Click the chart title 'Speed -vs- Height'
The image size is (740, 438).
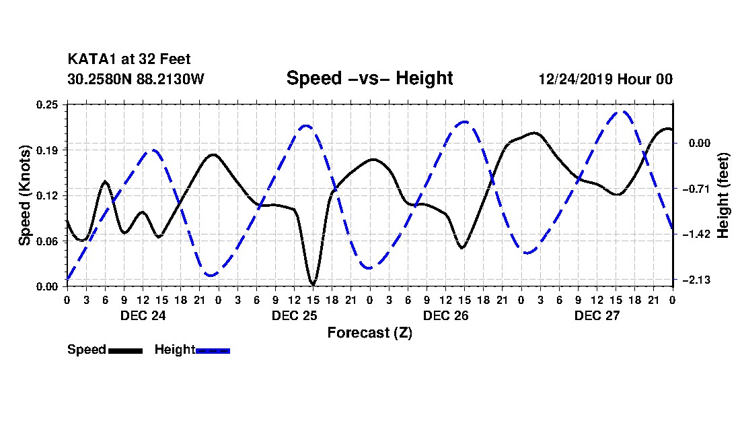pos(369,78)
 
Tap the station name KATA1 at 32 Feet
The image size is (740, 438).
pos(129,59)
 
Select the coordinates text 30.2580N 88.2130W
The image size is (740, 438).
pos(135,79)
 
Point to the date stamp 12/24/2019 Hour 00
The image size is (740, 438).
pos(605,79)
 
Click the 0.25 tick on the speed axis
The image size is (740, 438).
pos(47,104)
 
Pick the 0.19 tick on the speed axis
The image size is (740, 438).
pos(47,150)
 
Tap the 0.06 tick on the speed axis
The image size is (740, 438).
pos(47,241)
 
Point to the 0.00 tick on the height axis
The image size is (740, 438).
pos(700,143)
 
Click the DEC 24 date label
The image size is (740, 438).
pos(143,315)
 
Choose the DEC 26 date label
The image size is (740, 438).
pos(445,315)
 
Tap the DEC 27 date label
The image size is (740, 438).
pos(597,315)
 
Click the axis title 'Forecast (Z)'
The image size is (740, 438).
pos(369,333)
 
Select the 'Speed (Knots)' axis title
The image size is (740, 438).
pos(25,195)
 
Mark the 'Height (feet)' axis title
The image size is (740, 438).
pos(723,195)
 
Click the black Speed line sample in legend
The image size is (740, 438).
pos(126,350)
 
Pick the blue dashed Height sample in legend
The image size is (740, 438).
pos(213,350)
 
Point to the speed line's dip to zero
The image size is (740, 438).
pos(312,284)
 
